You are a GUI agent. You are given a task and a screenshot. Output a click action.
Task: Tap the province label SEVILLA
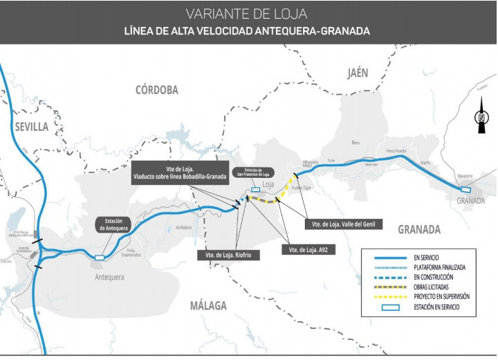coord(30,126)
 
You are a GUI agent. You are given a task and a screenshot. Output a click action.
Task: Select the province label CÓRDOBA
coord(157,89)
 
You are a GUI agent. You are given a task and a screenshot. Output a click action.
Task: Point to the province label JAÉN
coord(358,73)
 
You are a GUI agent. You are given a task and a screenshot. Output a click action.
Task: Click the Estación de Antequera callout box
coord(111,224)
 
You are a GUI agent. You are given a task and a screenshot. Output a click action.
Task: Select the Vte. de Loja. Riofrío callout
coord(228,255)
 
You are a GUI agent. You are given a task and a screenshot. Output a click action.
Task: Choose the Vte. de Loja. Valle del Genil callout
coord(343,224)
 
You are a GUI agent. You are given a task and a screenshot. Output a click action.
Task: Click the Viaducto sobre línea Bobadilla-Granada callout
coord(180,173)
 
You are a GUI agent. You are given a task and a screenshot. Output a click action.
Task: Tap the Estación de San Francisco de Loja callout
coord(254,172)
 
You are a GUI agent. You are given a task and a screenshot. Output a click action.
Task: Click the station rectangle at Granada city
coord(465,190)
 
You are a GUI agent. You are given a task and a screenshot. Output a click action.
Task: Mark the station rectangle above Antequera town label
coord(100,258)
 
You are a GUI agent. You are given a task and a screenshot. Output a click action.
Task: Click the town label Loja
coord(268,184)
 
